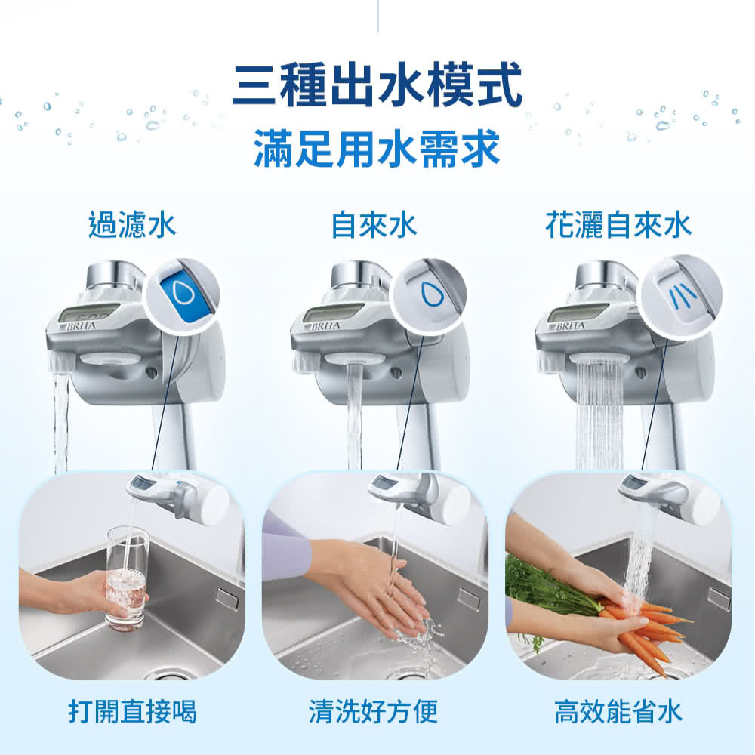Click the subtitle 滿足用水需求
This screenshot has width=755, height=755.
[377, 148]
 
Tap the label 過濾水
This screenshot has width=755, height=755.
[132, 226]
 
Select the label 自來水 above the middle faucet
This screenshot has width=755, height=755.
[374, 226]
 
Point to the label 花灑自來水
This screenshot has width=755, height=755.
[618, 226]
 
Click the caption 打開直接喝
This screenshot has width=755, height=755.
[132, 711]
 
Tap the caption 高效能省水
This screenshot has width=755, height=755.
[618, 711]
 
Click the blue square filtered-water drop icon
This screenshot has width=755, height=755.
[180, 295]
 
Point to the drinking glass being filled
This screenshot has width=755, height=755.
[127, 578]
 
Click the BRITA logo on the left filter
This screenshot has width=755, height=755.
[79, 326]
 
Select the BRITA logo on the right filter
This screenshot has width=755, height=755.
[570, 326]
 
